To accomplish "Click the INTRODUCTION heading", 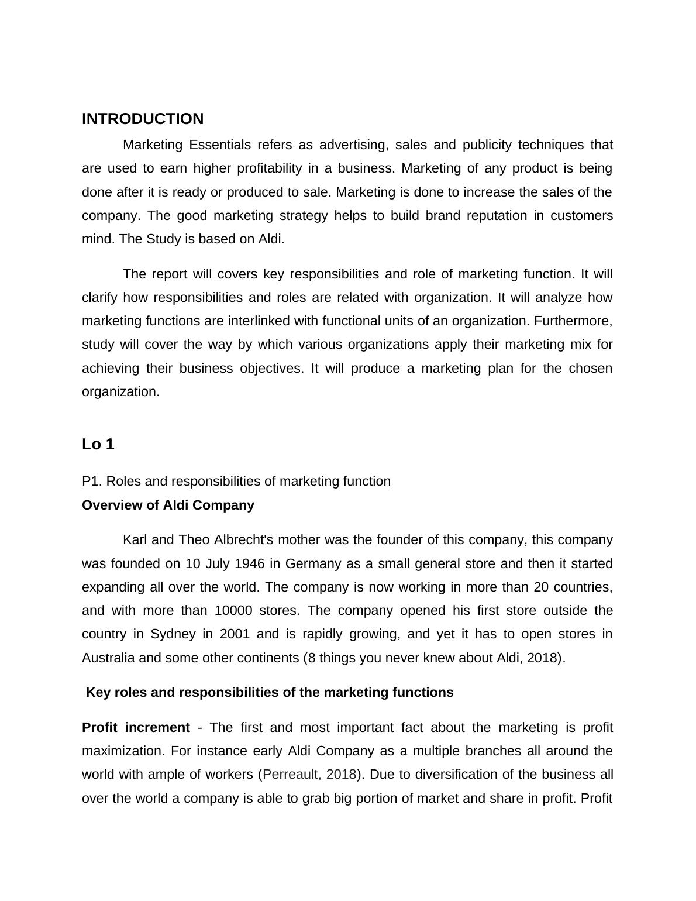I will tap(143, 119).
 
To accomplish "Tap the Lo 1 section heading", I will tap(98, 444).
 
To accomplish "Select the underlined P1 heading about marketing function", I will tap(236, 481).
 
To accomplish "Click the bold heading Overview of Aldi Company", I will tap(168, 505).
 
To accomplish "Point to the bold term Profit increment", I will tap(136, 727).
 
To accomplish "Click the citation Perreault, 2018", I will tap(309, 774).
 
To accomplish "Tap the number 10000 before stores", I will tap(233, 610).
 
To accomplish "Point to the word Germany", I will tap(313, 563).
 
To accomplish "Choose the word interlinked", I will tap(260, 321).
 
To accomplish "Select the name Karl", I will tap(135, 539).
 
